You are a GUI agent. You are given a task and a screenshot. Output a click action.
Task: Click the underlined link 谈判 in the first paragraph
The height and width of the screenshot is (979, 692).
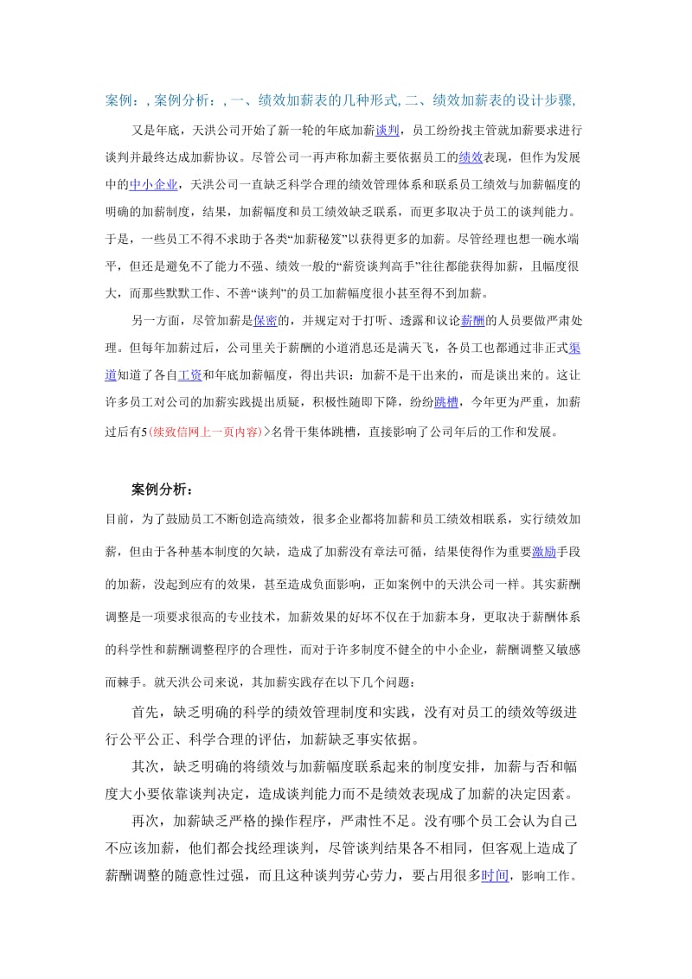[387, 131]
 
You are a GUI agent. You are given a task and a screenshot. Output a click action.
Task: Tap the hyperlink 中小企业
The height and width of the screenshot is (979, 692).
[154, 183]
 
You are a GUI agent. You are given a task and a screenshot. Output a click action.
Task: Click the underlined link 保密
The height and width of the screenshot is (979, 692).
[265, 320]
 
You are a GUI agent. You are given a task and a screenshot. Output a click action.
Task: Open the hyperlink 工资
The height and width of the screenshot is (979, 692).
[190, 375]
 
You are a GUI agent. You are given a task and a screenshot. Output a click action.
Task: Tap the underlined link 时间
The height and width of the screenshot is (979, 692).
[495, 874]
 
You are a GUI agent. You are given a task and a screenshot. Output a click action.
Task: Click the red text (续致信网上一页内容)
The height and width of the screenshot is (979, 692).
[204, 430]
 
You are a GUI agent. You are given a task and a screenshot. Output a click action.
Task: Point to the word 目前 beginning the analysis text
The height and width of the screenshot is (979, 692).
[117, 519]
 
